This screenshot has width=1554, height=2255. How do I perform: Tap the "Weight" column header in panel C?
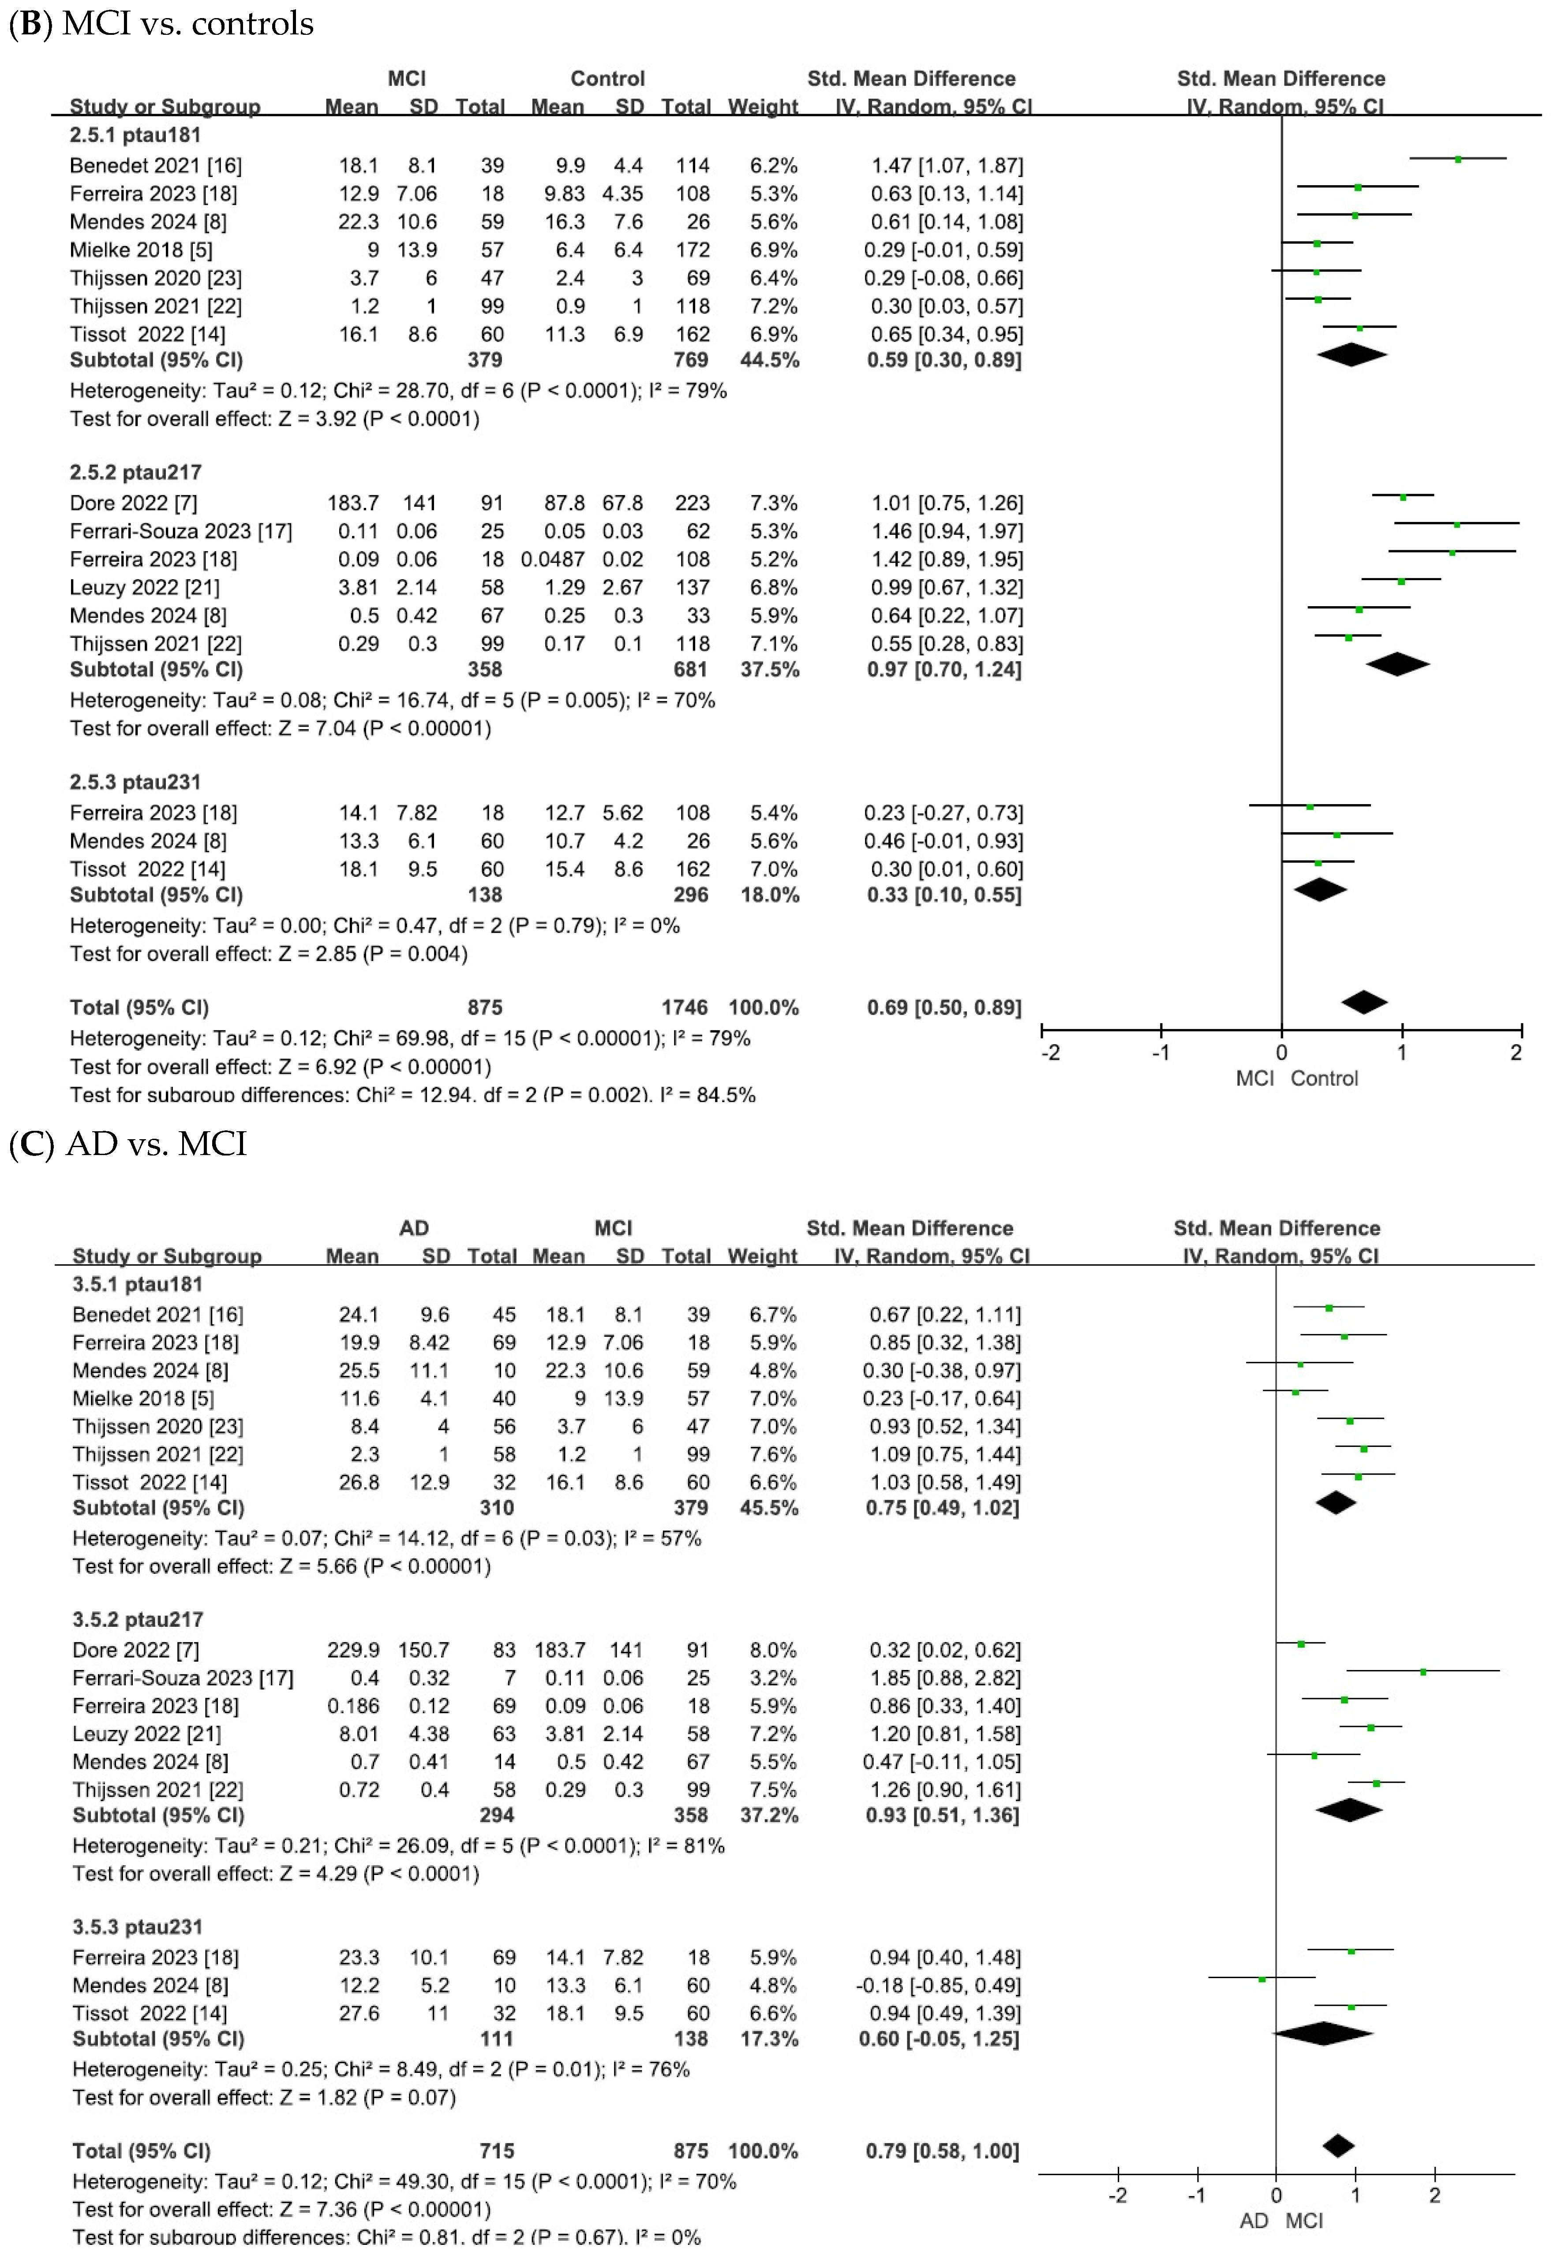pyautogui.click(x=762, y=1256)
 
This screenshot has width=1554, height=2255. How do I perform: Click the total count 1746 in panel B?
pyautogui.click(x=685, y=1007)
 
